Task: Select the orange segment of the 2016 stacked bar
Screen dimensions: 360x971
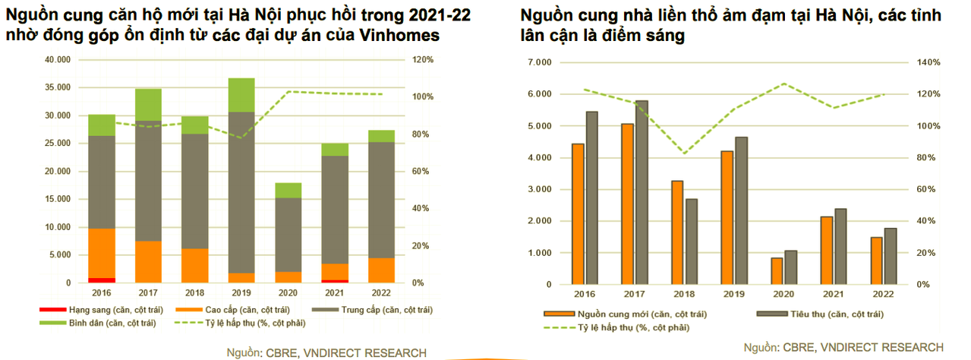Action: pos(102,254)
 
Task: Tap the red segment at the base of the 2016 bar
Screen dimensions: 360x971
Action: pos(102,280)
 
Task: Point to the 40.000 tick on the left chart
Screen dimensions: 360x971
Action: pos(59,59)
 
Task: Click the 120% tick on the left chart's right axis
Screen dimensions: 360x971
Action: pos(422,59)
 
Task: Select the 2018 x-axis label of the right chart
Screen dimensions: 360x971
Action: pos(683,293)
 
